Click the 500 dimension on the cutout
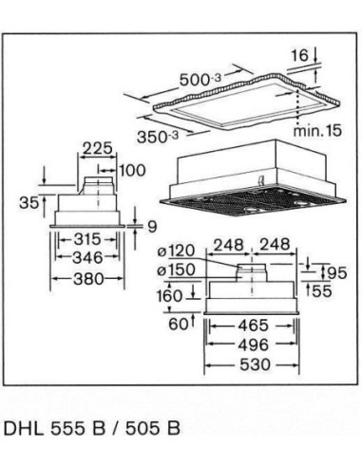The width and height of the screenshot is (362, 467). (x=200, y=80)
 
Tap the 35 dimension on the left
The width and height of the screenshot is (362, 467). (x=29, y=201)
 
